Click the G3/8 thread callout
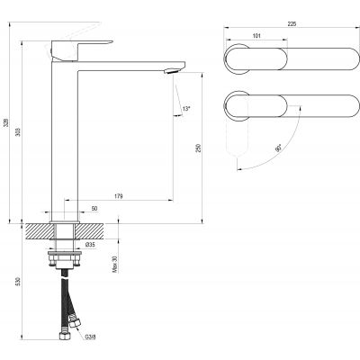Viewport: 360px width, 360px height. pyautogui.click(x=91, y=339)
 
